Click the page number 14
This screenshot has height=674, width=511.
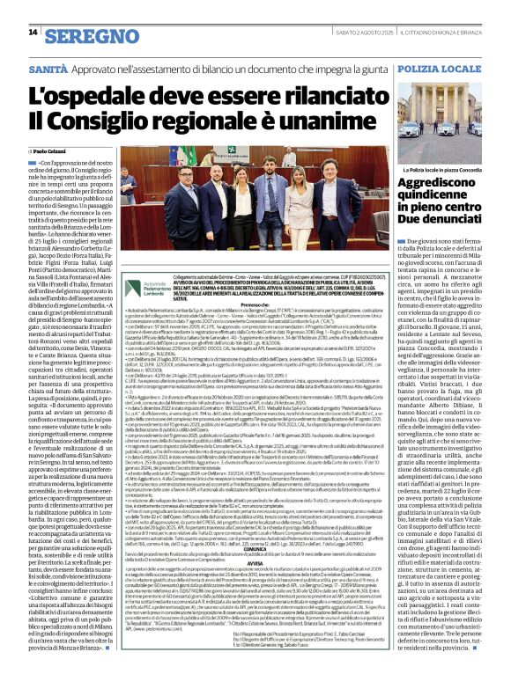[x=33, y=32]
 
